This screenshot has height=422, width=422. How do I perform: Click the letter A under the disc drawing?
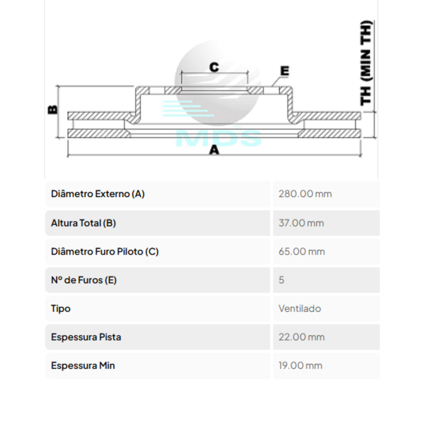pyautogui.click(x=214, y=150)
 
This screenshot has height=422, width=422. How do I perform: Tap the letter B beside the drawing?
pyautogui.click(x=52, y=110)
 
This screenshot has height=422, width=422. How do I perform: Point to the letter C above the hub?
pyautogui.click(x=214, y=67)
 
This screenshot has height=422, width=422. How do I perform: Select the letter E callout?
pyautogui.click(x=284, y=71)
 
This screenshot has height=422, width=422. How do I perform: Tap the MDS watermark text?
pyautogui.click(x=218, y=138)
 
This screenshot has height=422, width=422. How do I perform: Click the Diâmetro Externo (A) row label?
pyautogui.click(x=98, y=194)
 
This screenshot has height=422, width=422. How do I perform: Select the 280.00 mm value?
pyautogui.click(x=305, y=194)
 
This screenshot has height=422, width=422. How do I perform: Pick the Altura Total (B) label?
pyautogui.click(x=83, y=223)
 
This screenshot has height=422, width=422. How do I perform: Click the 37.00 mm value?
pyautogui.click(x=301, y=223)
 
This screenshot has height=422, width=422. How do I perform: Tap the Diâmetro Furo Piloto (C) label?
pyautogui.click(x=105, y=251)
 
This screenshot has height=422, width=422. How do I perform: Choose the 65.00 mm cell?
pyautogui.click(x=301, y=251)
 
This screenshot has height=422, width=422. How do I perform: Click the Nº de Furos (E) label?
pyautogui.click(x=84, y=280)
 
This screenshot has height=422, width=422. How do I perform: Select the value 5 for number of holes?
pyautogui.click(x=281, y=280)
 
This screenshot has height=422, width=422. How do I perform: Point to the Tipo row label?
pyautogui.click(x=60, y=308)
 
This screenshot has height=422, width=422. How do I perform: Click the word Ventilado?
pyautogui.click(x=300, y=308)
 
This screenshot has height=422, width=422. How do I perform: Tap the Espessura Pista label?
pyautogui.click(x=86, y=337)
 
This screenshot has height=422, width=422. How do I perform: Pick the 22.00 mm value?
pyautogui.click(x=301, y=337)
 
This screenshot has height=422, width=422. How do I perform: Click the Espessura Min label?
pyautogui.click(x=83, y=365)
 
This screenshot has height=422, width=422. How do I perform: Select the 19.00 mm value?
pyautogui.click(x=300, y=365)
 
